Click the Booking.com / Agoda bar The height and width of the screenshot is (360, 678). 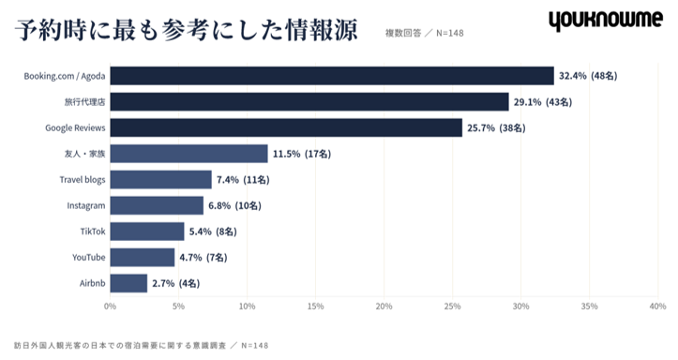click(332, 76)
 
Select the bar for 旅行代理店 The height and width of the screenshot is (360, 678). click(309, 101)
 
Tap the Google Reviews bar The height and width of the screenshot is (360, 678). click(286, 127)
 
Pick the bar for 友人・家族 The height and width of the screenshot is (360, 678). click(188, 154)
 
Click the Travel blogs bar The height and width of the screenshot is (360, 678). click(161, 179)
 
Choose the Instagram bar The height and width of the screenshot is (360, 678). click(157, 205)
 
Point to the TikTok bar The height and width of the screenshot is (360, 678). click(147, 232)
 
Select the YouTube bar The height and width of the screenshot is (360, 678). click(143, 257)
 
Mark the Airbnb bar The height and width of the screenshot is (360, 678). click(128, 283)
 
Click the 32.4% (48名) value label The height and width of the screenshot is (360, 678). click(588, 76)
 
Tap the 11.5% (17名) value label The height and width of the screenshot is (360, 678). click(302, 154)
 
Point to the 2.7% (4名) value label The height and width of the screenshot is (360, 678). click(176, 283)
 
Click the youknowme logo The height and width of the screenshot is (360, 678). click(606, 21)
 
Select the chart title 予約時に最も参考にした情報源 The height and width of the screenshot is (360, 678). click(187, 30)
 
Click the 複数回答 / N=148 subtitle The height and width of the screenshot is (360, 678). click(424, 33)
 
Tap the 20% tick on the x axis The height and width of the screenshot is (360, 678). click(384, 306)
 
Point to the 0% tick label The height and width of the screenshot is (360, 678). click(111, 306)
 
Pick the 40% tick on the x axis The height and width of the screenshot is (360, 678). click(657, 306)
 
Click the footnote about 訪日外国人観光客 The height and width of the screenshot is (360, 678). click(141, 346)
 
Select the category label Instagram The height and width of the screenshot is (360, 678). click(86, 205)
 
